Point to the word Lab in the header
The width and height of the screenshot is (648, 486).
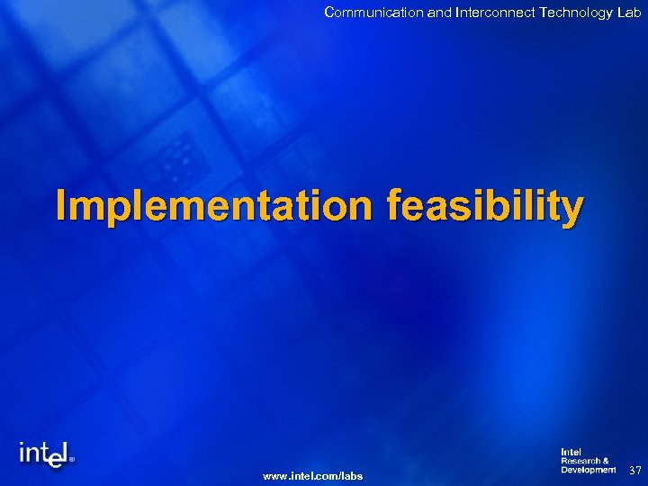pos(628,12)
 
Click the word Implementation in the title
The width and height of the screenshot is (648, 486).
pos(213,206)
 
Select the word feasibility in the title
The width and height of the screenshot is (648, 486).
pos(485,206)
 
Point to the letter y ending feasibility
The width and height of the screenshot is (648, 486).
pos(572,211)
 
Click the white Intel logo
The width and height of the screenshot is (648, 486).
pos(42,454)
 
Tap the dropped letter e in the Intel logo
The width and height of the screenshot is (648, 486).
pos(55,459)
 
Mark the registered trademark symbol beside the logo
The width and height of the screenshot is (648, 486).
pos(72,457)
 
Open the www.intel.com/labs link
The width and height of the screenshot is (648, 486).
pos(312,475)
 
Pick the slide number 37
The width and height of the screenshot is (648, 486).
pos(634,471)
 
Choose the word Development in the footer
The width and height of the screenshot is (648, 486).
pos(589,469)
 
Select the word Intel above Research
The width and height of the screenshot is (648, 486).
pos(571,451)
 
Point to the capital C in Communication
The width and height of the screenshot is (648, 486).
pos(329,12)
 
